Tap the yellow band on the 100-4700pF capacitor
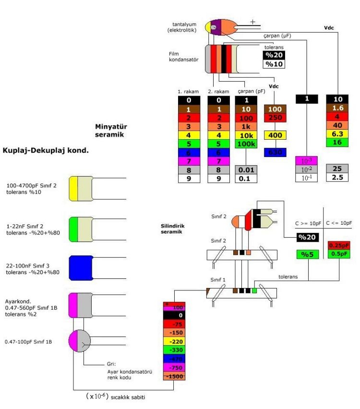[73, 187]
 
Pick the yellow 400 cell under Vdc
[275, 135]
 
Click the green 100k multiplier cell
[246, 144]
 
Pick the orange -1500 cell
[174, 376]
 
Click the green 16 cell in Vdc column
[337, 143]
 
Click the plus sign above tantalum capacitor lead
[253, 21]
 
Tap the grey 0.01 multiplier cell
[246, 170]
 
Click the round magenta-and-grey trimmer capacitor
[79, 342]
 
